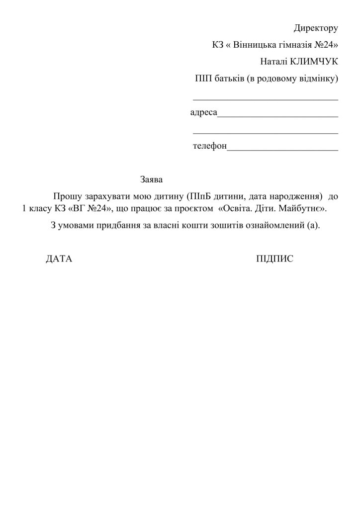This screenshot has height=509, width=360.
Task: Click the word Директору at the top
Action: [x=316, y=28]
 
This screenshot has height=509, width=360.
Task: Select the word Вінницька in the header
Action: [x=254, y=45]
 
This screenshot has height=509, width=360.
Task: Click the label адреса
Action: [x=204, y=113]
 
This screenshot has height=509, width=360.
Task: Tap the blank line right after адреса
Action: [x=278, y=115]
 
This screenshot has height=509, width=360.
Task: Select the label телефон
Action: [x=210, y=147]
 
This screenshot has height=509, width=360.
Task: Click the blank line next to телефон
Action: [x=282, y=149]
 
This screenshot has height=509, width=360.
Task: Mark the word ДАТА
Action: [x=59, y=259]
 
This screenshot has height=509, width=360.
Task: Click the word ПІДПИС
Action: [x=275, y=259]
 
